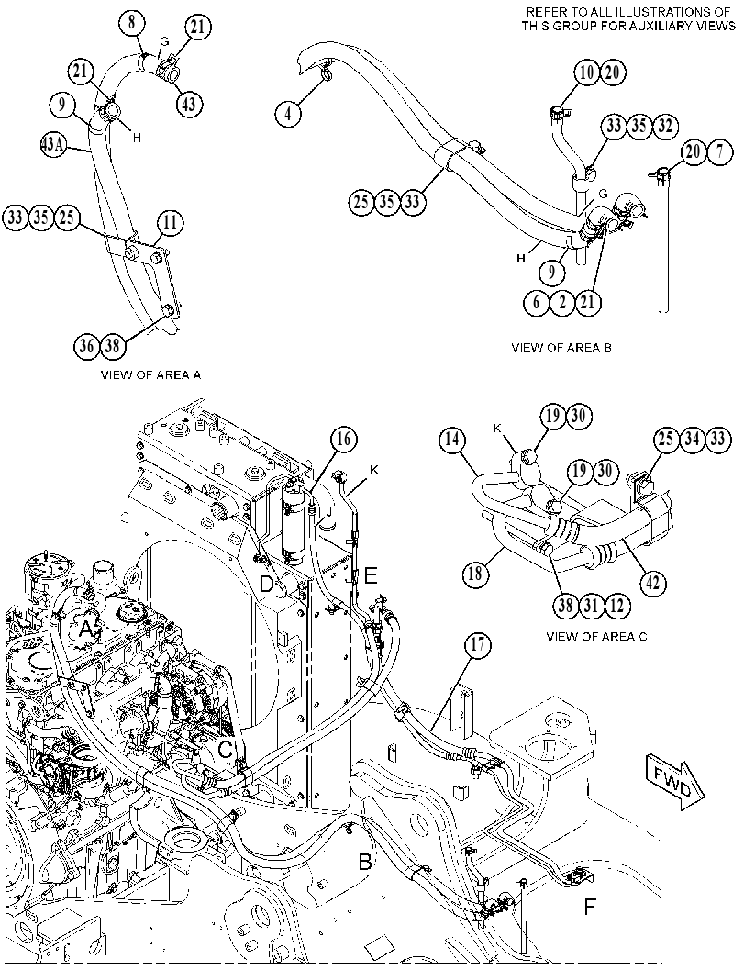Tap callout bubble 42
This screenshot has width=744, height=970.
pos(654,583)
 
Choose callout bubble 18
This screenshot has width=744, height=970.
pos(476,574)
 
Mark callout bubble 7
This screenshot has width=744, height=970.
pos(719,151)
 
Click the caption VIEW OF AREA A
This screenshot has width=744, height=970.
pos(150,374)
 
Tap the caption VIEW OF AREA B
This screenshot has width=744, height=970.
pos(561,347)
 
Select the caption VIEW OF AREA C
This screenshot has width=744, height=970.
pos(597,636)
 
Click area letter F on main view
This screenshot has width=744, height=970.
pos(590,908)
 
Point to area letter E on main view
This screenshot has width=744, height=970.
pos(371,576)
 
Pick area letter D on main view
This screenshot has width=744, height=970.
pos(267,584)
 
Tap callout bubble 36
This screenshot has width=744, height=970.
pos(88,346)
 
